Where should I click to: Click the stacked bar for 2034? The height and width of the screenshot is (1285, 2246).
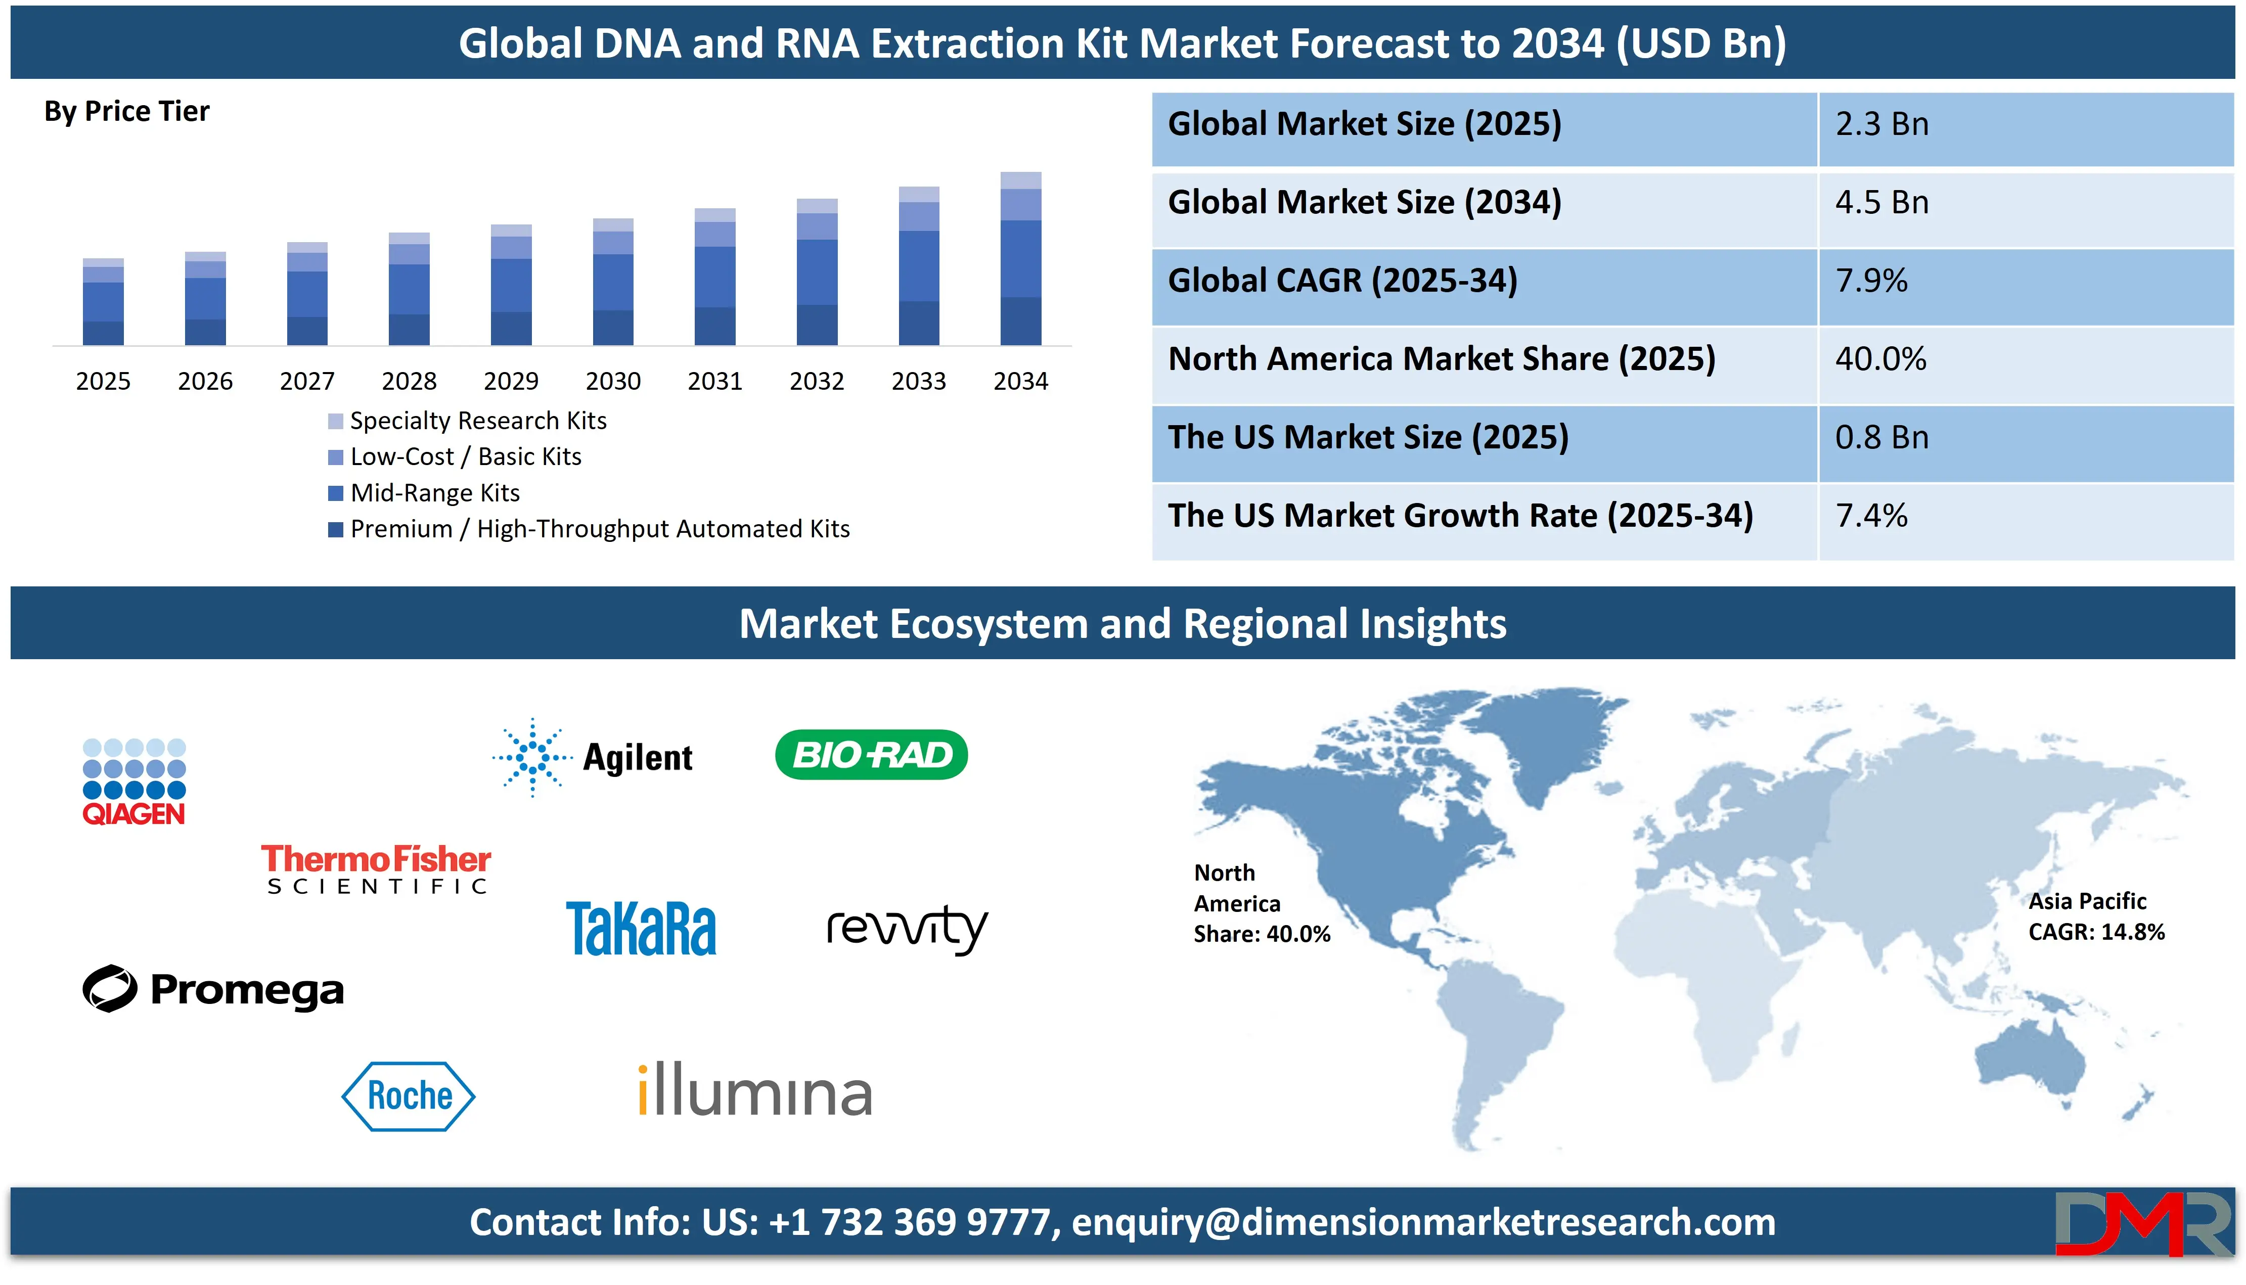point(1020,259)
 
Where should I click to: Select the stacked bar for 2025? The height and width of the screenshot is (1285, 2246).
point(103,302)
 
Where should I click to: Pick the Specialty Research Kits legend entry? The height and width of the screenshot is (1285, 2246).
point(477,421)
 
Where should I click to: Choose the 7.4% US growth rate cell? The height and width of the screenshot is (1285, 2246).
point(1871,516)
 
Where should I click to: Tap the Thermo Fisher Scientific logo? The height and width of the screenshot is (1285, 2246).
point(376,869)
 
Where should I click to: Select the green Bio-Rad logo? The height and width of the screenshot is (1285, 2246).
point(871,755)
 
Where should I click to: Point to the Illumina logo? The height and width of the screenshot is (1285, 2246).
point(754,1092)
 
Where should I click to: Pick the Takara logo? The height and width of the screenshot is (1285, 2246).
point(641,929)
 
